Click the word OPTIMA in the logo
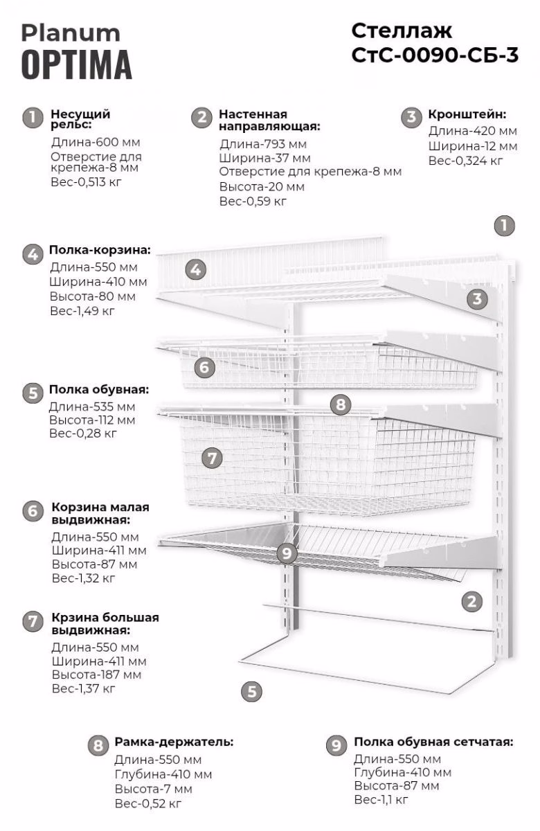[76, 65]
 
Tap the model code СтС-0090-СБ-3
[435, 55]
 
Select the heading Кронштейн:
[467, 114]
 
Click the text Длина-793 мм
[263, 144]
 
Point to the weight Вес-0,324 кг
[466, 161]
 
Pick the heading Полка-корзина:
[100, 250]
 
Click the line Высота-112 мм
[92, 420]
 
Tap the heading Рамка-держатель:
[174, 742]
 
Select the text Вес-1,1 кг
[381, 799]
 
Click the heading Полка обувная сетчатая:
[433, 742]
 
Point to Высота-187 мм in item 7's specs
[96, 674]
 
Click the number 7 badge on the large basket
[212, 458]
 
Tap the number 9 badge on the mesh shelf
[287, 553]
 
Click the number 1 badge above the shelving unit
[505, 226]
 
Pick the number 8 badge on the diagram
[341, 404]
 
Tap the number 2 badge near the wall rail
[471, 601]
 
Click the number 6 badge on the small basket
[204, 368]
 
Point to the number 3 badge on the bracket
[477, 298]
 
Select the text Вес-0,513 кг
[86, 182]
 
